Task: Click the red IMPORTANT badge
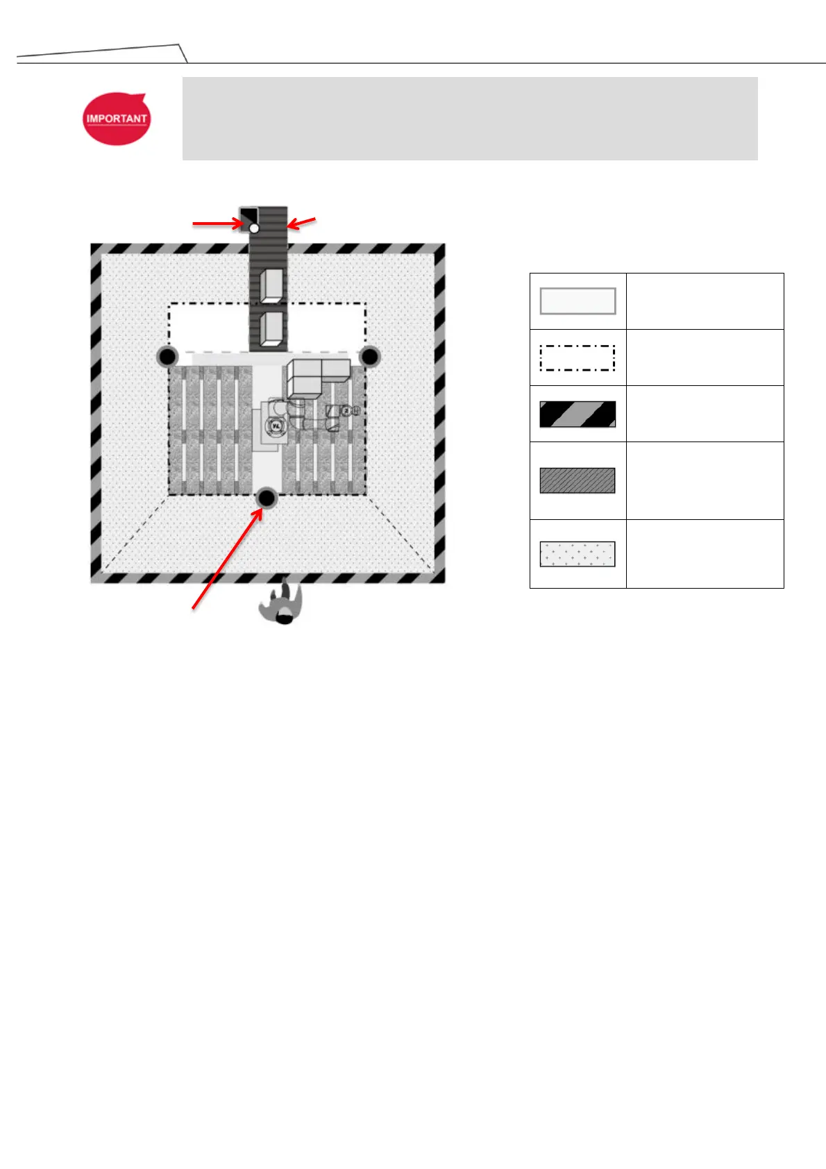(x=116, y=119)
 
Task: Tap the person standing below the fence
(x=282, y=603)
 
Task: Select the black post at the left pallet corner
(x=167, y=357)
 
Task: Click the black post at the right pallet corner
(x=370, y=357)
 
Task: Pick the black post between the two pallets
(x=267, y=498)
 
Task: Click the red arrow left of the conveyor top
(x=217, y=224)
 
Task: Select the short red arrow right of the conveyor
(x=302, y=222)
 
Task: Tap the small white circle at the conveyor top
(x=254, y=228)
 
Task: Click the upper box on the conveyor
(x=271, y=285)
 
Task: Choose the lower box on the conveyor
(x=271, y=328)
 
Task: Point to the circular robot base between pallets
(x=276, y=425)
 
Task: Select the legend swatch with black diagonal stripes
(x=578, y=414)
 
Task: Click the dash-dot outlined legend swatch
(x=578, y=358)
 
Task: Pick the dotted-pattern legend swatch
(x=578, y=555)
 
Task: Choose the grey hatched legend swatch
(x=578, y=480)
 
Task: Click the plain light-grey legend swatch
(x=578, y=301)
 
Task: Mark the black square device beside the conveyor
(x=248, y=216)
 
